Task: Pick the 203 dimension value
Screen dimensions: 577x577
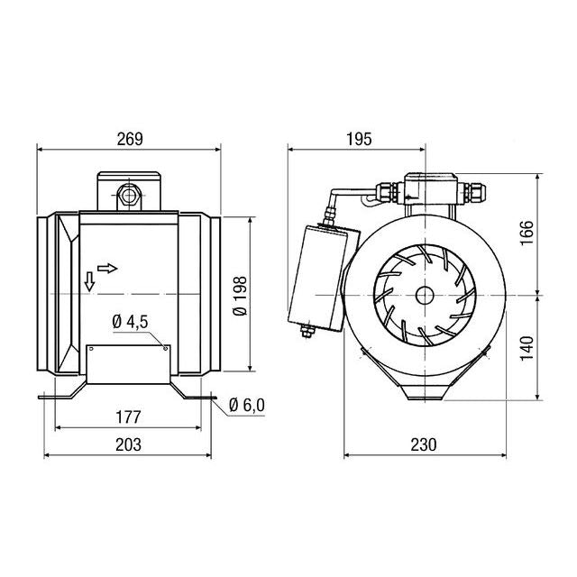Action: click(x=131, y=444)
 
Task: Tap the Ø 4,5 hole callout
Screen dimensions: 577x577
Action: click(x=131, y=324)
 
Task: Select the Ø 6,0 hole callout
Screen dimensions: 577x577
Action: click(x=247, y=405)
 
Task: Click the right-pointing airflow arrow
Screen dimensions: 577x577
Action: click(x=106, y=268)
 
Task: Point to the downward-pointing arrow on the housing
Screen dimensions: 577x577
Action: click(x=90, y=281)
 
